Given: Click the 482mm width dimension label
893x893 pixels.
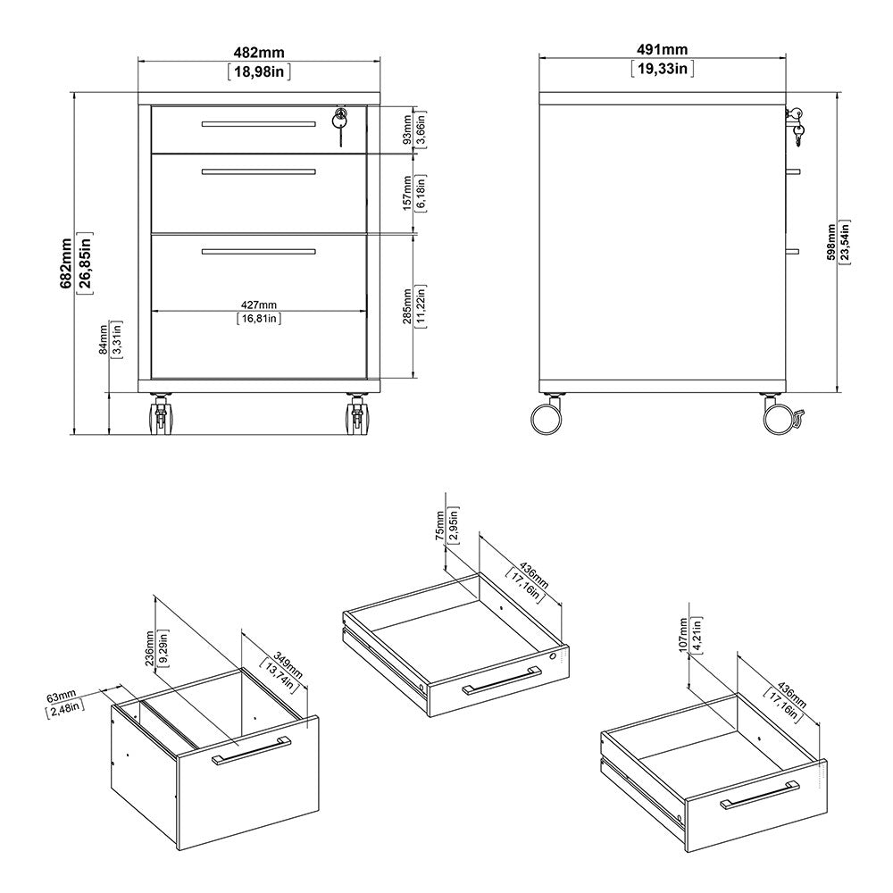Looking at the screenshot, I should click(x=259, y=50).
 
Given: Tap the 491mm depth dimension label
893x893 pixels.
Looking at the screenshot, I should click(x=662, y=50).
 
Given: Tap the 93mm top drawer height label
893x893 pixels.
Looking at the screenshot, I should click(x=407, y=129).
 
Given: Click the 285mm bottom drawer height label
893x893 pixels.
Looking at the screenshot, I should click(x=407, y=306).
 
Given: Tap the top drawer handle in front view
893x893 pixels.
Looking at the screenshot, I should click(x=258, y=123).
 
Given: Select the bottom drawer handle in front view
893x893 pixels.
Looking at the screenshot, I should click(x=258, y=253).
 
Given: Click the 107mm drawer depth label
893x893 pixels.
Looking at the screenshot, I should click(x=684, y=632).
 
